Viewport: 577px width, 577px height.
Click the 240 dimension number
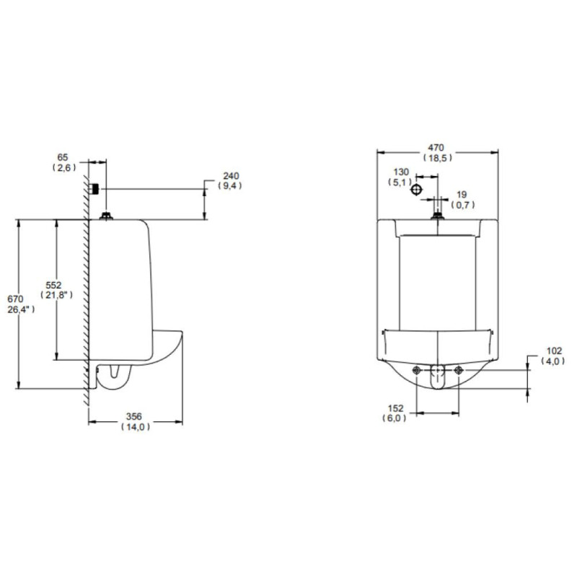[x=230, y=175]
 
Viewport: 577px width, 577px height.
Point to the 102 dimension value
[x=553, y=351]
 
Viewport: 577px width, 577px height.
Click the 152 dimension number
[x=395, y=408]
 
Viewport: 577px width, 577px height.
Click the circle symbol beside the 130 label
[x=417, y=188]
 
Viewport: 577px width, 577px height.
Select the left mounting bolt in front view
[x=417, y=371]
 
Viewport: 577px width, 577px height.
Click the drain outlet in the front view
[x=438, y=376]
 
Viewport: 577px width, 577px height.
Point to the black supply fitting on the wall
[x=94, y=189]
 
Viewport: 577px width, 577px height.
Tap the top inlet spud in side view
[x=107, y=215]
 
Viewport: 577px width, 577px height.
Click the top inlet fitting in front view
[x=437, y=213]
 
